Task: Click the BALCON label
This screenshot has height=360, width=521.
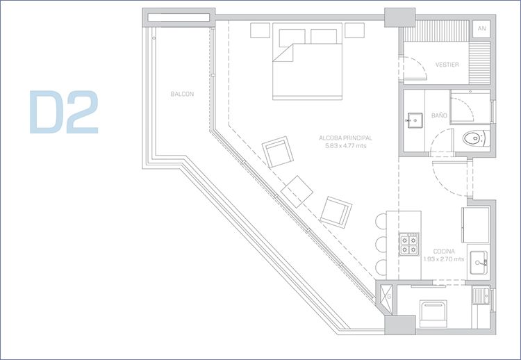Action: [182, 94]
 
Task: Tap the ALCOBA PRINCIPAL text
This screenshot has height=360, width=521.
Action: [345, 138]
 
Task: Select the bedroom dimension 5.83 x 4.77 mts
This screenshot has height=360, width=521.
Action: [346, 145]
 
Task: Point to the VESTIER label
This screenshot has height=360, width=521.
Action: [447, 65]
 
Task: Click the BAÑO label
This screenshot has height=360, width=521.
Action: [439, 115]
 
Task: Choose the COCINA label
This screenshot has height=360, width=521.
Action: [444, 252]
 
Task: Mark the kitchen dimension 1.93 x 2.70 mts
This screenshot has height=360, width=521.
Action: [444, 259]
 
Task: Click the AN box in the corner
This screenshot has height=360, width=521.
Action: [481, 28]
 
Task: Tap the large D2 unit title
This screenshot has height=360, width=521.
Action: [64, 112]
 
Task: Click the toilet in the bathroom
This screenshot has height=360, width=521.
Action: [476, 138]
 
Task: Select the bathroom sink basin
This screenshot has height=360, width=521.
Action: [414, 120]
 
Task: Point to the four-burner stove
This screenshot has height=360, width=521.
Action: [409, 244]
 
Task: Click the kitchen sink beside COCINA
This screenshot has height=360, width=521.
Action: [479, 263]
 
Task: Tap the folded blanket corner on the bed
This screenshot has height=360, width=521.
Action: [283, 53]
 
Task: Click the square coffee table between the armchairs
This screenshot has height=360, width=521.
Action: [297, 192]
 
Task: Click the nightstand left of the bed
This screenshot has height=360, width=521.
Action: [260, 31]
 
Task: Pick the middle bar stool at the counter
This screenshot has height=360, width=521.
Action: [381, 244]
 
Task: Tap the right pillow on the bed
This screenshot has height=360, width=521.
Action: [324, 36]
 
